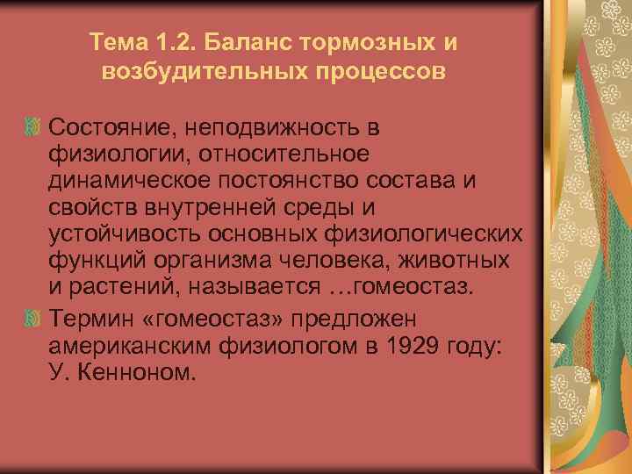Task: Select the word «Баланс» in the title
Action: [x=246, y=42]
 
